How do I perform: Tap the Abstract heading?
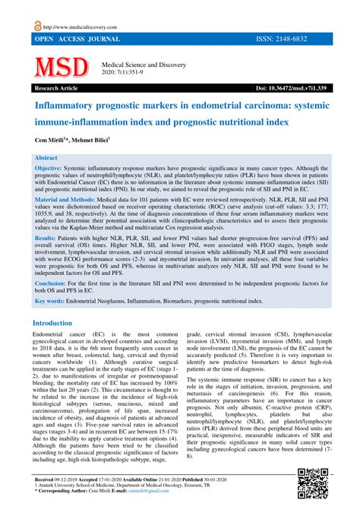click(x=46, y=157)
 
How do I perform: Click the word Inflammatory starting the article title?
click(x=65, y=106)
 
